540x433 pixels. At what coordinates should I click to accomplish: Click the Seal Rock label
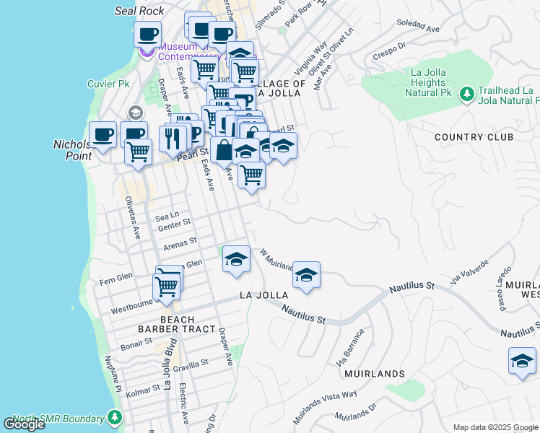(x=139, y=11)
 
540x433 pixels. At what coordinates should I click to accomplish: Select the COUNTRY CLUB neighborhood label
(x=474, y=137)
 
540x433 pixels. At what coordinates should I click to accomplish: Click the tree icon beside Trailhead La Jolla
(x=466, y=93)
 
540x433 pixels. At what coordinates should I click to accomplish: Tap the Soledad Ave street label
(x=418, y=27)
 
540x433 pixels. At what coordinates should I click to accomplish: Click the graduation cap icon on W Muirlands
(x=307, y=274)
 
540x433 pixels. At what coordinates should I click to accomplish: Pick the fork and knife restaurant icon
(x=173, y=137)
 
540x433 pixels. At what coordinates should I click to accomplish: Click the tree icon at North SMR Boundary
(x=114, y=418)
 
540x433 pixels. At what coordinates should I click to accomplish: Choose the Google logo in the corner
(x=25, y=424)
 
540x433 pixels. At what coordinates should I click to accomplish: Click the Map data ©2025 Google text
(x=495, y=427)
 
